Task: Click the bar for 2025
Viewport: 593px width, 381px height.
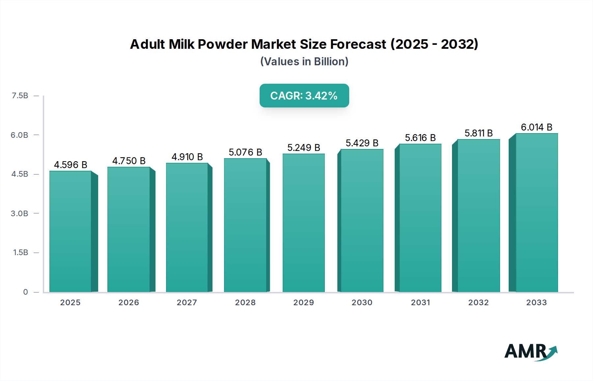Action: click(x=71, y=231)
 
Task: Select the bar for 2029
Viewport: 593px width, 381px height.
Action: click(x=304, y=223)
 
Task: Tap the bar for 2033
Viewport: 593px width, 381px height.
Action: click(x=537, y=213)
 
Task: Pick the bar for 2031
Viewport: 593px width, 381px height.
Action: click(x=420, y=218)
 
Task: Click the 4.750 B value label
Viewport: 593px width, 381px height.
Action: click(x=129, y=161)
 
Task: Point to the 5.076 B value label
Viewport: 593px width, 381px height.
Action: click(x=245, y=152)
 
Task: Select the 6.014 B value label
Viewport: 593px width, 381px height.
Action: click(x=536, y=127)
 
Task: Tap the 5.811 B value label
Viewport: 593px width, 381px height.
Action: click(x=478, y=133)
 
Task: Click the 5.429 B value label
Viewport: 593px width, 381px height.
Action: click(x=362, y=143)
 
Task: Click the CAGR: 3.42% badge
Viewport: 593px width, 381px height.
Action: click(x=304, y=96)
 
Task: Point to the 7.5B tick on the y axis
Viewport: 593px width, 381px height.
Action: click(x=20, y=96)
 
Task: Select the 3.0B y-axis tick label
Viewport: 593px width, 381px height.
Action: click(x=19, y=214)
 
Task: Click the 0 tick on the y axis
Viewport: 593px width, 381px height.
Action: click(x=25, y=292)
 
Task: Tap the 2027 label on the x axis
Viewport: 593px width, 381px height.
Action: click(x=187, y=303)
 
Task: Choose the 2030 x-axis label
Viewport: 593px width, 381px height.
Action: click(x=362, y=303)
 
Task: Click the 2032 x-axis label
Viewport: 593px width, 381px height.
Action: click(x=478, y=303)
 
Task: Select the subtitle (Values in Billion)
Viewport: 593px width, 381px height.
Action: click(x=304, y=62)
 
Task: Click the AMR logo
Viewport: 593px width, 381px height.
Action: click(x=530, y=352)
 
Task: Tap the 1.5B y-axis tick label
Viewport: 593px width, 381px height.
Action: click(x=20, y=253)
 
